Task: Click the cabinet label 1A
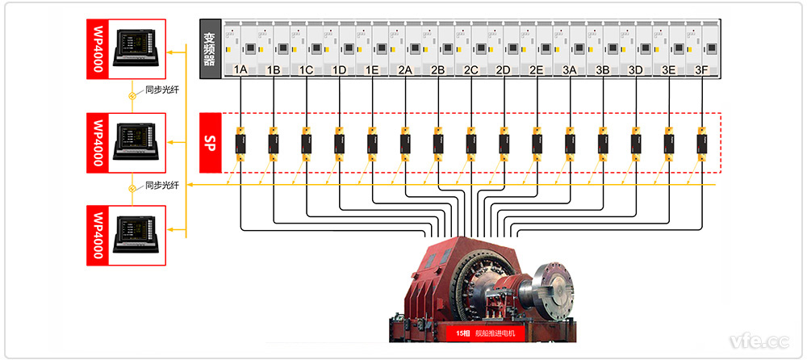[x=240, y=70]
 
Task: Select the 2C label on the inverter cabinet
[x=471, y=70]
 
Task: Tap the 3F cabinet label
[x=701, y=70]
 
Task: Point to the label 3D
[x=635, y=70]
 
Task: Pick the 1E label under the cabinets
[x=372, y=70]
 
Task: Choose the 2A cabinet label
[x=405, y=70]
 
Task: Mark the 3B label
[x=602, y=70]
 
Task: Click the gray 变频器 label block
[x=211, y=48]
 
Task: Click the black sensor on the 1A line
[x=240, y=144]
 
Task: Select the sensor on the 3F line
[x=701, y=144]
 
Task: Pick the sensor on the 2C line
[x=471, y=144]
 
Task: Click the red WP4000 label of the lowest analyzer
[x=98, y=235]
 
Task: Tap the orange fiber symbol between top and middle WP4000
[x=134, y=95]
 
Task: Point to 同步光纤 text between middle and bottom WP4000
[x=161, y=185]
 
